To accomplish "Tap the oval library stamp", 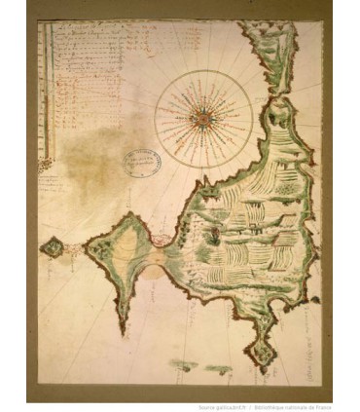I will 141,161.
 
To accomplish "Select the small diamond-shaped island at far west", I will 52,247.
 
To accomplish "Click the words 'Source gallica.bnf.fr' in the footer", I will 220,406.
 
